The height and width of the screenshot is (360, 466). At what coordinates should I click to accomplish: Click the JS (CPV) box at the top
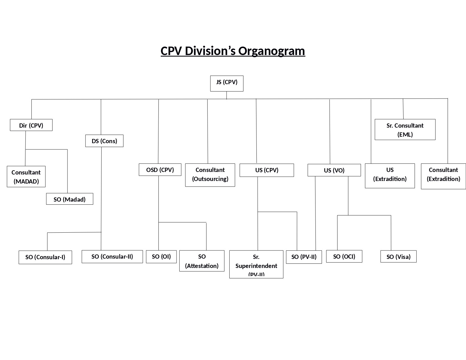click(x=227, y=83)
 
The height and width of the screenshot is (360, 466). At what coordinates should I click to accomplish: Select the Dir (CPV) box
click(x=31, y=125)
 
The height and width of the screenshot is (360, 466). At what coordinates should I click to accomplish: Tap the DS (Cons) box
click(x=104, y=141)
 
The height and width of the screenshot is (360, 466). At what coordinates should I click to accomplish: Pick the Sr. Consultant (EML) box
click(x=405, y=130)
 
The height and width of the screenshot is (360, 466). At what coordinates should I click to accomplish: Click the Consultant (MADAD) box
click(x=26, y=176)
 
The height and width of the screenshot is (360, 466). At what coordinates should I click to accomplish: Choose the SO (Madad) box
click(x=69, y=199)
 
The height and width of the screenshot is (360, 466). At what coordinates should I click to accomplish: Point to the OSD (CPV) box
click(x=160, y=170)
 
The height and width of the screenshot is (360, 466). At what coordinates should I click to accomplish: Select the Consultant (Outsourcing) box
click(x=210, y=175)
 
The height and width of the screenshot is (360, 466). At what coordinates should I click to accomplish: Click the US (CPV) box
click(x=267, y=170)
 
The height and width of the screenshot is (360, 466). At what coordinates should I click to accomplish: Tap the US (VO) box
click(x=334, y=170)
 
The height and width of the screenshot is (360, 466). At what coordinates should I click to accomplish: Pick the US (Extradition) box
click(x=390, y=176)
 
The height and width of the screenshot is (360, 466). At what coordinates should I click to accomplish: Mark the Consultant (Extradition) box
click(x=443, y=176)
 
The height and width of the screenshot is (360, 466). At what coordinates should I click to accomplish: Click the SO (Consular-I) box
click(x=45, y=257)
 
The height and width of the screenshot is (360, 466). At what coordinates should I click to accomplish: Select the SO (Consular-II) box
click(x=112, y=257)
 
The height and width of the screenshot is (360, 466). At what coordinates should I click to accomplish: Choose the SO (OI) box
click(x=161, y=257)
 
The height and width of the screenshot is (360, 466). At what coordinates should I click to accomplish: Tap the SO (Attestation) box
click(x=202, y=261)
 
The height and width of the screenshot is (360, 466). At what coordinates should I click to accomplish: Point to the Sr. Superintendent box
click(x=256, y=264)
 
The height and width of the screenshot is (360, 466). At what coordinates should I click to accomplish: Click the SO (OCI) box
click(x=344, y=256)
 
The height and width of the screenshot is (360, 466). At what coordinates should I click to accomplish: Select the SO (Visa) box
click(x=398, y=257)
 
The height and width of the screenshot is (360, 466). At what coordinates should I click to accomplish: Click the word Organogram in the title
click(x=271, y=51)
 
